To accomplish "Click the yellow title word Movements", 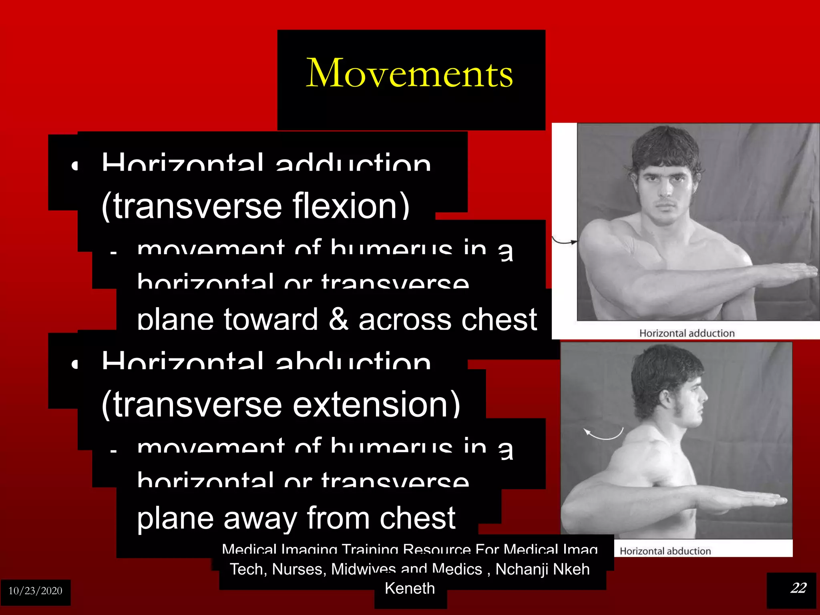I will coord(409,73).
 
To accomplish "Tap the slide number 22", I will coord(798,588).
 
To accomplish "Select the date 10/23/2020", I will coord(35,591).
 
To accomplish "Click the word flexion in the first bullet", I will coord(351,206).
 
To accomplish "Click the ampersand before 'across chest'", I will coord(339,320).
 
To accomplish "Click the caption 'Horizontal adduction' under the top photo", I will coord(687,333).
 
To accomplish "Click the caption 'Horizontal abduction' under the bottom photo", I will coord(665,551).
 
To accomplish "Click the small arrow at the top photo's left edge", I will coord(565,241).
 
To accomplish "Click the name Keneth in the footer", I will coord(410,589).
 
